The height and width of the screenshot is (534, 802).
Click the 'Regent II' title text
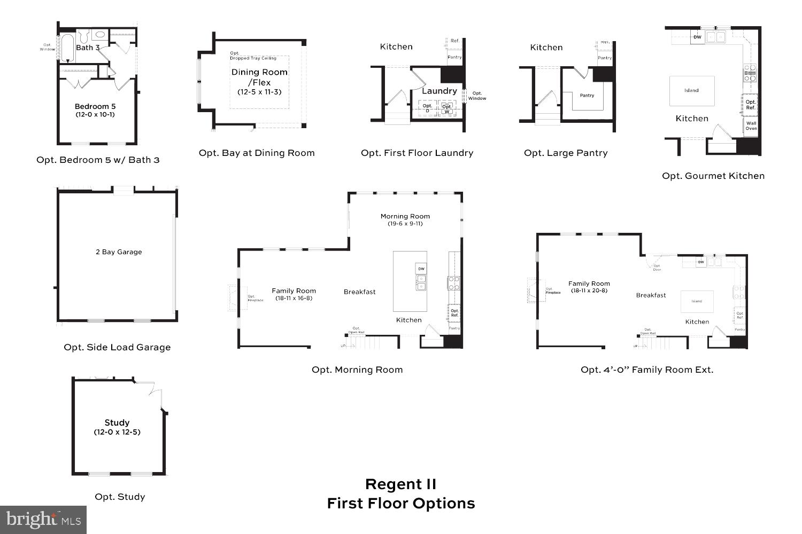click(x=400, y=484)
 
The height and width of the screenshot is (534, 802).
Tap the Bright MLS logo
click(x=43, y=520)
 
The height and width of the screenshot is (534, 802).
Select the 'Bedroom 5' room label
click(x=95, y=107)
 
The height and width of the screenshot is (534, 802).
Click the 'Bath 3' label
click(x=88, y=48)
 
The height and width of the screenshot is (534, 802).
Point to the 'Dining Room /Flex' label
click(x=259, y=77)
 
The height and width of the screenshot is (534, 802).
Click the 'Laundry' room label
click(x=439, y=91)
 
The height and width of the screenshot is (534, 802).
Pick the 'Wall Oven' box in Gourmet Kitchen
click(x=751, y=125)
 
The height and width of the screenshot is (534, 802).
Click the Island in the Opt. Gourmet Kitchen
click(x=691, y=90)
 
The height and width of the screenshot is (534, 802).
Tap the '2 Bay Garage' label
click(x=119, y=252)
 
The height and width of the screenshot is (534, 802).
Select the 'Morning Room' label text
click(x=405, y=216)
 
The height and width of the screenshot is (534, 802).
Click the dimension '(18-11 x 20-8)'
click(x=589, y=291)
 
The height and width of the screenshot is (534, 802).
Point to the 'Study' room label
click(x=117, y=422)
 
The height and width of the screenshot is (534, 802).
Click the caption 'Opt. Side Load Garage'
click(x=117, y=347)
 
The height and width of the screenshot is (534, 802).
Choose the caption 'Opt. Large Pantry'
click(x=566, y=153)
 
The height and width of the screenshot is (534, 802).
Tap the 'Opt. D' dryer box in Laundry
click(x=427, y=108)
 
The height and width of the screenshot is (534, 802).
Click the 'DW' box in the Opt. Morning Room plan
click(x=421, y=269)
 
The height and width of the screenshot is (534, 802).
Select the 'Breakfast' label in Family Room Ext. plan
click(x=651, y=295)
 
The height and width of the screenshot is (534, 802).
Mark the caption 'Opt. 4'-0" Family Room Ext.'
click(x=647, y=370)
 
